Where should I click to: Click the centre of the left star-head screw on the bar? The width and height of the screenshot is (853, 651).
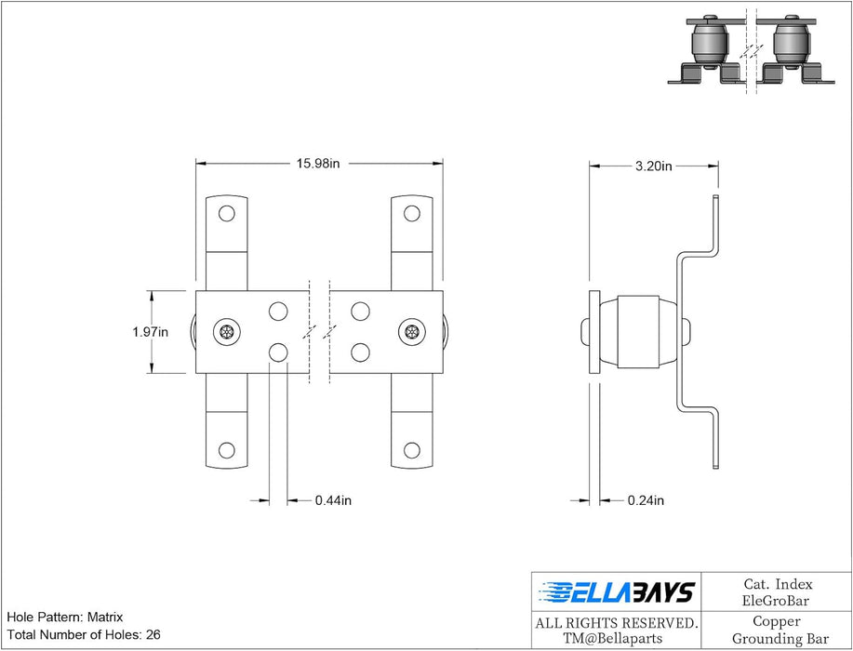[x=227, y=332]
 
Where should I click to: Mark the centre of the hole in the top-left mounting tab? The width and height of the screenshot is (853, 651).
[x=227, y=213]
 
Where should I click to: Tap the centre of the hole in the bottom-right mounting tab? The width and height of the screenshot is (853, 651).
[x=412, y=450]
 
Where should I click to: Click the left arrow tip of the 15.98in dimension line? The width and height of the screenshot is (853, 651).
[x=196, y=163]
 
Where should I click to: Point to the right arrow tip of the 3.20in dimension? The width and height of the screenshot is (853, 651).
[x=718, y=166]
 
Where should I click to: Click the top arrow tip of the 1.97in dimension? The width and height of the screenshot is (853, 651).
[x=152, y=291]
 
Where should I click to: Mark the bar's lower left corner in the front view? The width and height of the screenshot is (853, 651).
[x=196, y=373]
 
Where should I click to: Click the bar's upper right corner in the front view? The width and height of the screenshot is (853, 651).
[x=443, y=291]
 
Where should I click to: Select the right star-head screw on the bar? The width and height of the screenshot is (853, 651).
[x=412, y=332]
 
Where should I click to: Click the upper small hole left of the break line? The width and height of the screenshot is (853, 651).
[x=278, y=312]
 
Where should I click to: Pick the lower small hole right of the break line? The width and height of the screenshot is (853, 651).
[x=360, y=352]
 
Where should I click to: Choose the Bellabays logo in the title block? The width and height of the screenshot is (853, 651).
[x=617, y=592]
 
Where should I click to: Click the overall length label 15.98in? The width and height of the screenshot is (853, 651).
[x=318, y=163]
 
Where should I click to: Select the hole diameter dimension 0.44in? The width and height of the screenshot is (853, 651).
[x=333, y=500]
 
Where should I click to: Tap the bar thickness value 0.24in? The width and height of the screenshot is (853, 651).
[x=646, y=500]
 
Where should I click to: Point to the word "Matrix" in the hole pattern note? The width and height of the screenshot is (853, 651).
[x=105, y=618]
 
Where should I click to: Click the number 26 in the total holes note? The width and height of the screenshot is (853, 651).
[x=153, y=634]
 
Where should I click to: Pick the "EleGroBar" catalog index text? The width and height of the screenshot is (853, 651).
[x=776, y=601]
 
